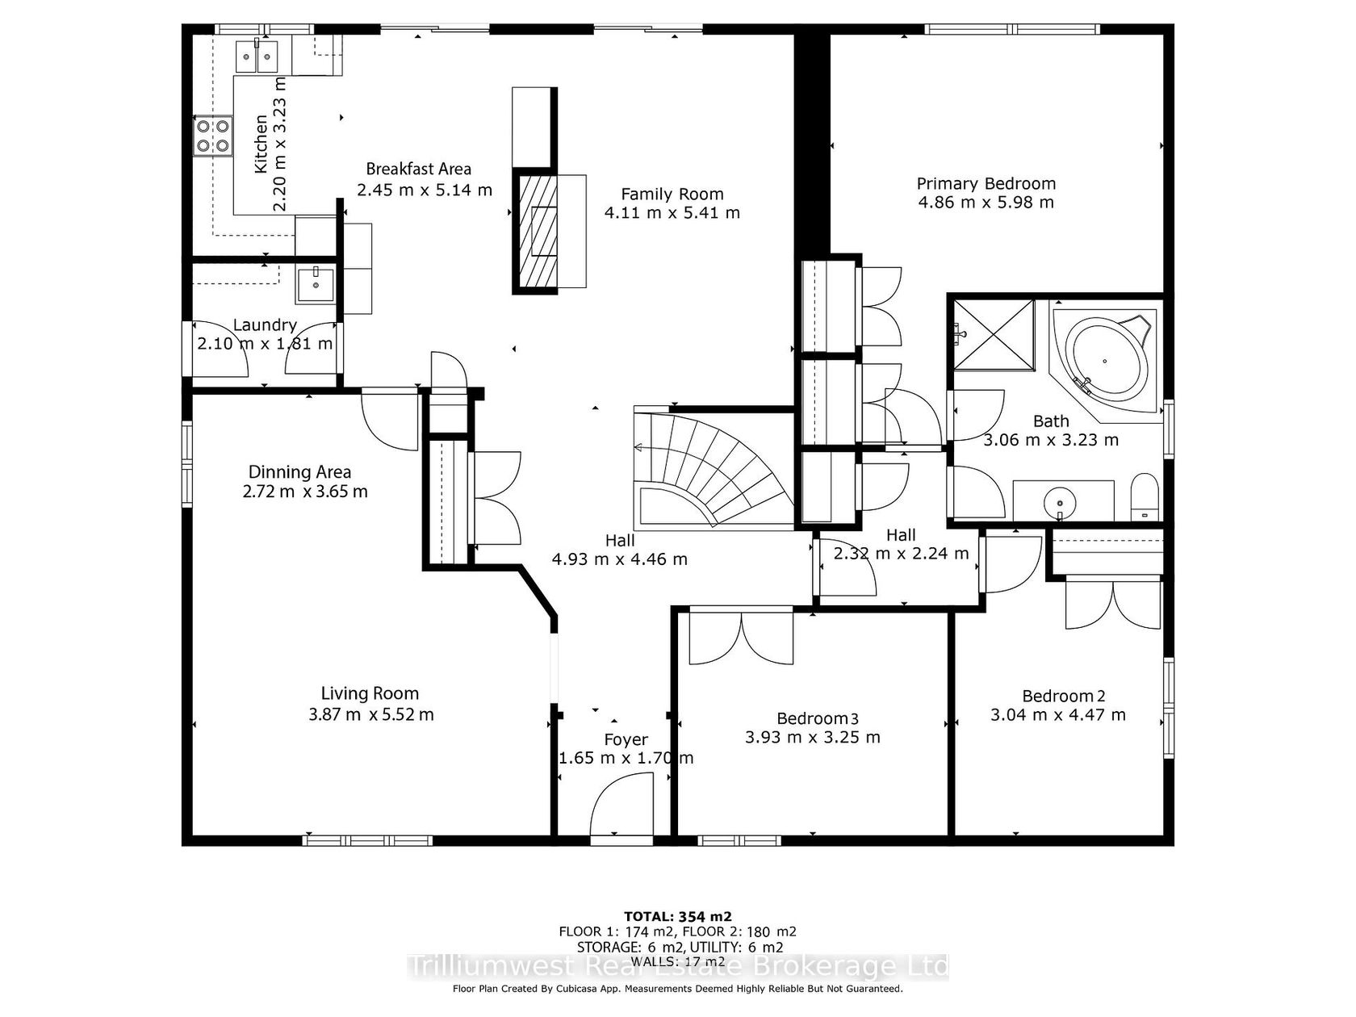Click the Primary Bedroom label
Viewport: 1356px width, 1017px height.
coord(986,183)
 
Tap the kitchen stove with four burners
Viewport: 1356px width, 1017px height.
coord(212,136)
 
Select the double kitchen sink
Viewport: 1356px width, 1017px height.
coord(257,56)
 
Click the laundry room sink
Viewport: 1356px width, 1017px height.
coord(315,286)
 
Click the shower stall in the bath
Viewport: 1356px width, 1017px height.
coord(994,335)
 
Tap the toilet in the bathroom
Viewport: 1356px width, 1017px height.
coord(1145,497)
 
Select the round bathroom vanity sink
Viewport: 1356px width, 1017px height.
coord(1059,500)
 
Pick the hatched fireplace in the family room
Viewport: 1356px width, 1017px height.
coord(536,232)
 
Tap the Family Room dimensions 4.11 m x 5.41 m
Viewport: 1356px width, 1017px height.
coord(672,213)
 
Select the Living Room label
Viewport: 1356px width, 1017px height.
coord(370,693)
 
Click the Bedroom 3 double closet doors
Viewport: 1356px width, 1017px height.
coord(741,638)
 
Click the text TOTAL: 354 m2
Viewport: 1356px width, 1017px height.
coord(678,916)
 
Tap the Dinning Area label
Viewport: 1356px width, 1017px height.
coord(299,472)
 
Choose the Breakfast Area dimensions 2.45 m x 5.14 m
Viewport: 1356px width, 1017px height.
coord(425,190)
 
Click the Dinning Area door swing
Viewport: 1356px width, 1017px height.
coord(390,420)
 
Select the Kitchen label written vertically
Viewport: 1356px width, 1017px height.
coord(261,143)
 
